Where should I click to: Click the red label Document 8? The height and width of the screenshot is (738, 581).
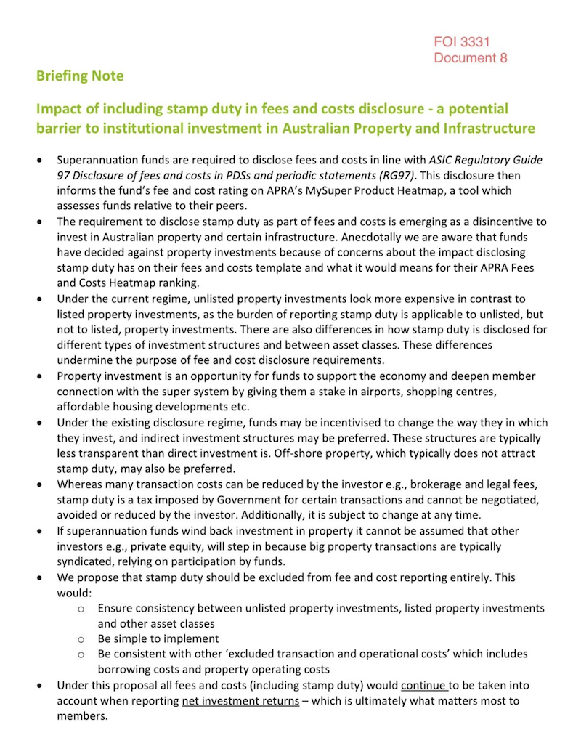click(x=470, y=58)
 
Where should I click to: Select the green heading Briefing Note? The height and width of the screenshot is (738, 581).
click(x=80, y=76)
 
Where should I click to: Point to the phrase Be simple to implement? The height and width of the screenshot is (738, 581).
click(x=158, y=639)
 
